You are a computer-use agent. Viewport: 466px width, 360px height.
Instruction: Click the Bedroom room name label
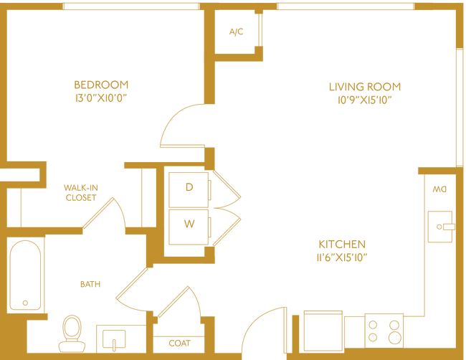click(101, 84)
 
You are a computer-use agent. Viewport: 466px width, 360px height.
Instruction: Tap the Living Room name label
click(365, 87)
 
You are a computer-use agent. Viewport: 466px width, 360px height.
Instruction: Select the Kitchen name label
click(343, 243)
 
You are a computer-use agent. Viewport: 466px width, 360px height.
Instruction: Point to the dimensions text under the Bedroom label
click(101, 99)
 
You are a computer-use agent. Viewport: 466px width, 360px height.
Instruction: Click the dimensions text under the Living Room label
click(365, 101)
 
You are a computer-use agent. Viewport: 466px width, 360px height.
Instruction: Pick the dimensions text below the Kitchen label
click(343, 255)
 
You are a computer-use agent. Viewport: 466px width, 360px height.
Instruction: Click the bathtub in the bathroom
click(26, 276)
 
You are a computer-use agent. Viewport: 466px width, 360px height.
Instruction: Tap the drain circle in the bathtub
click(26, 303)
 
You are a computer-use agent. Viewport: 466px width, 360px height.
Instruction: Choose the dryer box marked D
click(189, 188)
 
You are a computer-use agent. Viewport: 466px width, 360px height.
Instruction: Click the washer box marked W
click(189, 223)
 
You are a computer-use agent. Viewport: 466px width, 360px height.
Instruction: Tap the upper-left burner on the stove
click(373, 323)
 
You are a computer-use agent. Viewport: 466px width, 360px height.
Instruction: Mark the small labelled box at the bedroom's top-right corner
click(235, 31)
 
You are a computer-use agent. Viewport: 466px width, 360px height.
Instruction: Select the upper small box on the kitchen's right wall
click(439, 190)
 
